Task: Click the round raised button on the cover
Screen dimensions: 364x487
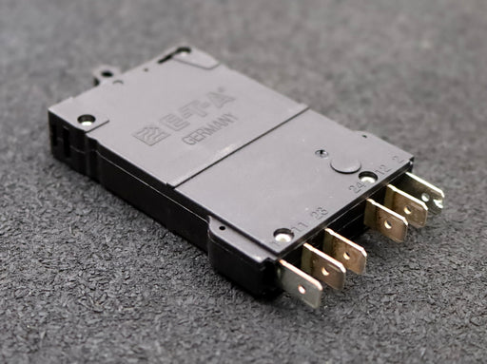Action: pos(346,163)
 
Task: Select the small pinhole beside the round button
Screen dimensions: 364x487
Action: pos(322,152)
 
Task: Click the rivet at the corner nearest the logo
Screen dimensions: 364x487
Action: pos(87,121)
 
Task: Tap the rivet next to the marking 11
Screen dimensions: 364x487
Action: pos(282,234)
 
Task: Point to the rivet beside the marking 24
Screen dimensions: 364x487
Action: pos(367,178)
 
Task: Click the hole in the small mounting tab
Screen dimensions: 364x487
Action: pos(107,72)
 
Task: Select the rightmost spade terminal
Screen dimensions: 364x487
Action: pos(424,191)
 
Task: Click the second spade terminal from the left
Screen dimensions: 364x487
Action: pos(324,267)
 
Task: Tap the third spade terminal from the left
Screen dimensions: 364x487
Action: pos(346,252)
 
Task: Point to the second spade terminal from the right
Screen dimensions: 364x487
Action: pos(407,205)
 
